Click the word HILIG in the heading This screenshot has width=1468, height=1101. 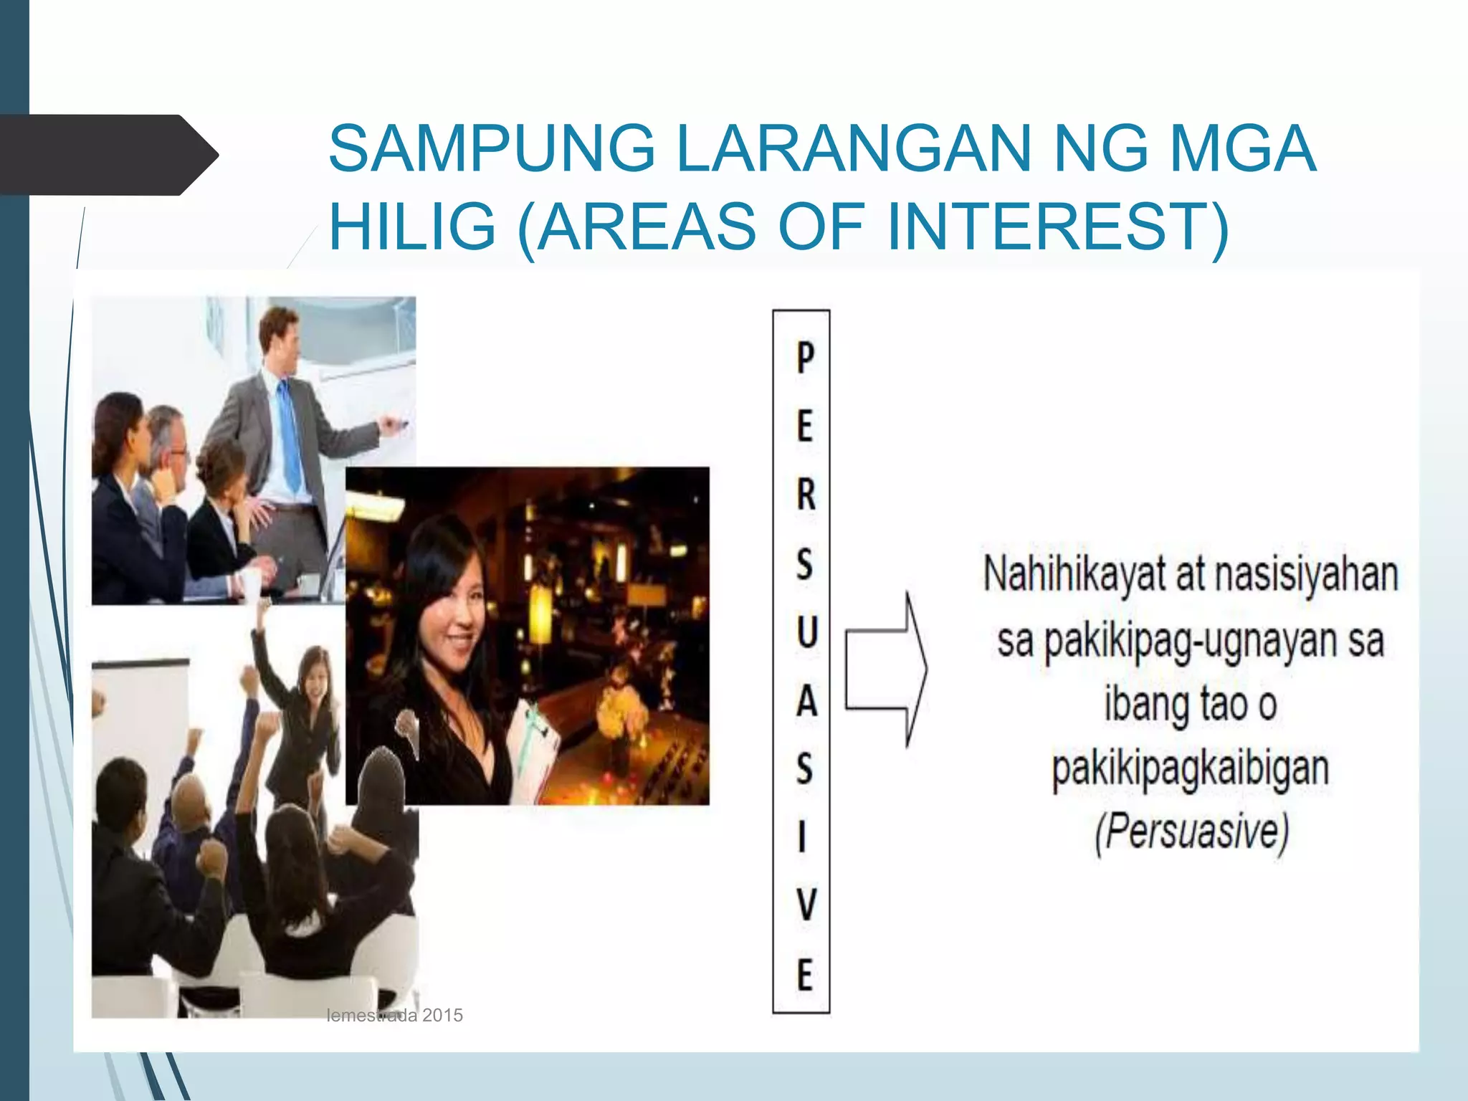click(412, 227)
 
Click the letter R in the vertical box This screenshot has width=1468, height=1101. click(805, 495)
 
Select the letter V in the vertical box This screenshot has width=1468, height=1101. click(806, 905)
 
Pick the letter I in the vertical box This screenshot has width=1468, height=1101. click(802, 837)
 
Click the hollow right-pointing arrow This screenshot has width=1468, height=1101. click(887, 669)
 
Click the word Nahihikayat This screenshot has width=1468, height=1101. click(1073, 576)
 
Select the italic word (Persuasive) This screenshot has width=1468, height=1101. click(1191, 832)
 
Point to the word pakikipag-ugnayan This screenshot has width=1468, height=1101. click(1190, 641)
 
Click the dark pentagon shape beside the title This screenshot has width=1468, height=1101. click(108, 155)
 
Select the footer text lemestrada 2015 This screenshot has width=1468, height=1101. click(394, 1015)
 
